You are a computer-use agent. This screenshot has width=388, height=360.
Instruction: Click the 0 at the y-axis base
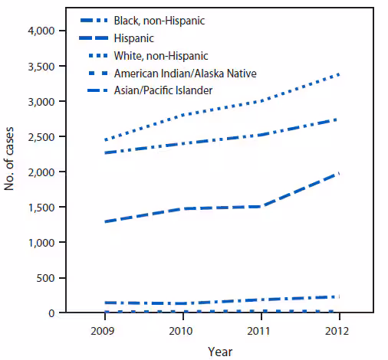(52, 313)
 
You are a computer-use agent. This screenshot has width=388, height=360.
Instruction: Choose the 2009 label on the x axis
(104, 332)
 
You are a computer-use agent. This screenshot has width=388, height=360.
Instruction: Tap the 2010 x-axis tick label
(182, 332)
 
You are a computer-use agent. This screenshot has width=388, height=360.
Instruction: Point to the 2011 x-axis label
(261, 332)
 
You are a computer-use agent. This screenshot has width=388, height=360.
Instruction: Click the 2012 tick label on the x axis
(339, 332)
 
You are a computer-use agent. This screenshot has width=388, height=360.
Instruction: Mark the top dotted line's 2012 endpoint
(339, 74)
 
